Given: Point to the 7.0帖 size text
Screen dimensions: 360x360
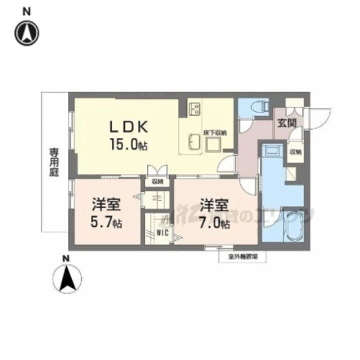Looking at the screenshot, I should (x=215, y=223).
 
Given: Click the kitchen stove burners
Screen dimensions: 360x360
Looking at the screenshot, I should (x=194, y=108).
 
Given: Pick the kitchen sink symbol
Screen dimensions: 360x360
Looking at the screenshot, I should (x=195, y=142).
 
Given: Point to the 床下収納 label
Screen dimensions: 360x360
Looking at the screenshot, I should (x=215, y=133).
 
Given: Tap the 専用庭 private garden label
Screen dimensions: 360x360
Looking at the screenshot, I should (x=53, y=162).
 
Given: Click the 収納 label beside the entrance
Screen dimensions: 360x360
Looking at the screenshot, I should (x=295, y=152).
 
